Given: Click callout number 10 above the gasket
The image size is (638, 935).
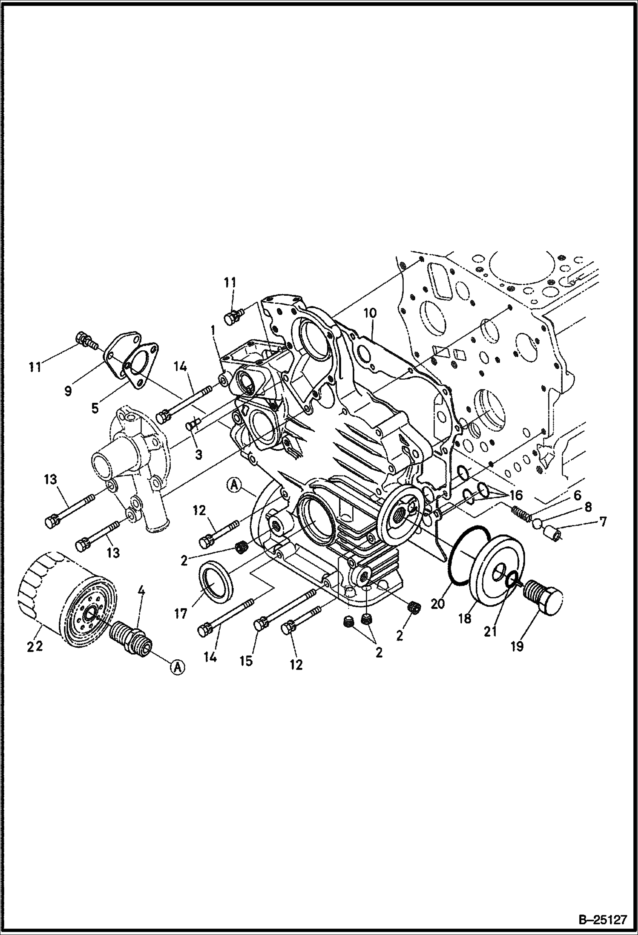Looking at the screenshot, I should click(x=370, y=313).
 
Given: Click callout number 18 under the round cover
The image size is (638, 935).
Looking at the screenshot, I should click(x=465, y=618).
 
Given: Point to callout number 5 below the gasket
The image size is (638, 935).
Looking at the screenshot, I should click(x=95, y=408).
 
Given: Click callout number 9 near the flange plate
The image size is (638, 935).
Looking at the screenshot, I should click(x=68, y=391).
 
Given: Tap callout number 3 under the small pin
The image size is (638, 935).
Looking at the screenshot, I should click(x=198, y=454).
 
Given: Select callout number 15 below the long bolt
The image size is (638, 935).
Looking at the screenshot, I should click(x=246, y=661).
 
